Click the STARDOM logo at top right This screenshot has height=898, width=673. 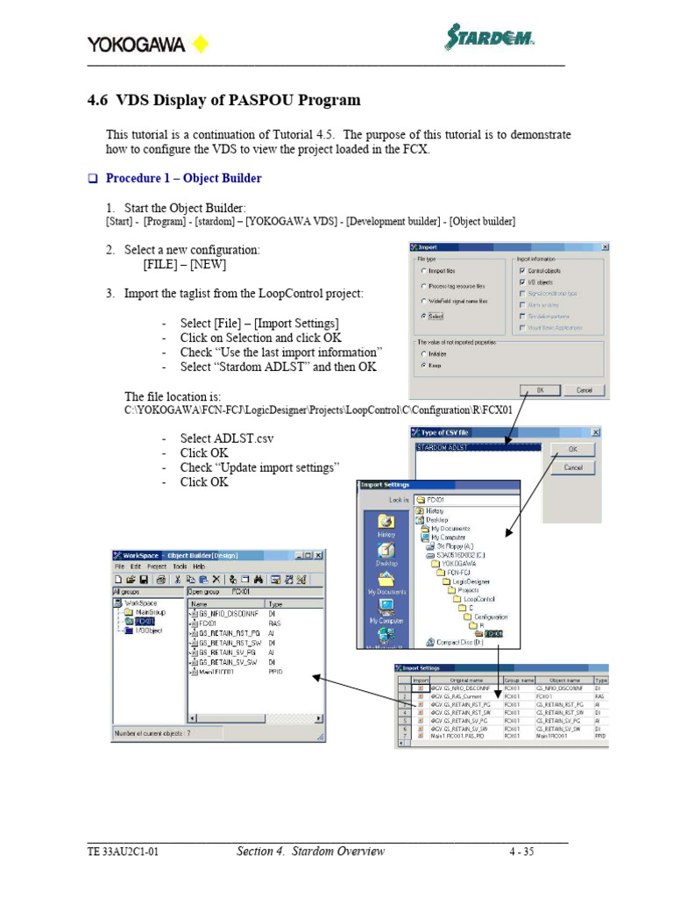(x=489, y=39)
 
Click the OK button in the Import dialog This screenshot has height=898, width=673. (x=540, y=389)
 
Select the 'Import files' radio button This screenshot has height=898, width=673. (x=424, y=272)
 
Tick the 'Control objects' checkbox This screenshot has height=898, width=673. (x=523, y=271)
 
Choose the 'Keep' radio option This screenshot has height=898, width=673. (x=424, y=366)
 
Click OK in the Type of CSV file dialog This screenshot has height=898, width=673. (x=573, y=449)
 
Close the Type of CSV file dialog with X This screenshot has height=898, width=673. (x=595, y=432)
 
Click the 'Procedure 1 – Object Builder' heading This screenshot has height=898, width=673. (x=183, y=178)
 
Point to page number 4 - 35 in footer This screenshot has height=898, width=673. (x=521, y=852)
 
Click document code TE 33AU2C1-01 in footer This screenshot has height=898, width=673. (x=123, y=852)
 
